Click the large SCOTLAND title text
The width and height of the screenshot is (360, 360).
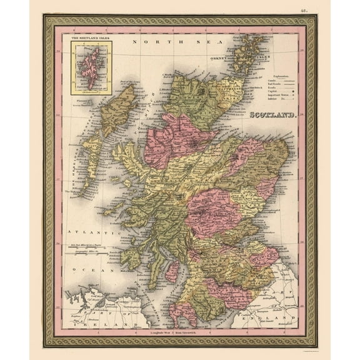point(273,116)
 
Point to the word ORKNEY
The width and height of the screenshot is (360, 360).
point(216,61)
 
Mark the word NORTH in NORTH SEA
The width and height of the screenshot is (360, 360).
point(144,42)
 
